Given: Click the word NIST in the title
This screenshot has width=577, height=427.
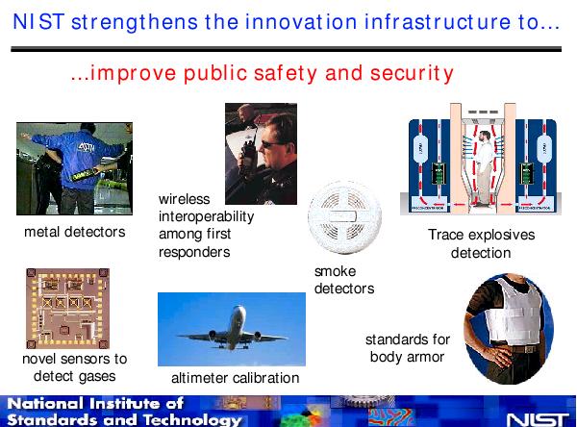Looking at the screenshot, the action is pos(38,21).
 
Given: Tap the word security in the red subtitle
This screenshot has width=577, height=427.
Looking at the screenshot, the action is pos(412,73).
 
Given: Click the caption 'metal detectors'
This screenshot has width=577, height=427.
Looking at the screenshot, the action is pos(75,232).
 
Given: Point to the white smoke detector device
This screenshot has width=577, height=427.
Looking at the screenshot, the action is pos(344,216).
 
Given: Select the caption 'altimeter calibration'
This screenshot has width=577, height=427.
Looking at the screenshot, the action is pos(236,378).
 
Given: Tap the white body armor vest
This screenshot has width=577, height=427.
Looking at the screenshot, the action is pos(514,310).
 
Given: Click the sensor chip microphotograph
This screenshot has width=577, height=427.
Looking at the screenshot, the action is pos(67,309).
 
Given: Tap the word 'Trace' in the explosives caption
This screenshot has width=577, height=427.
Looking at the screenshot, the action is pos(445,235).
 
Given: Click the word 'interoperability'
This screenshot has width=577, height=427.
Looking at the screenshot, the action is pos(206,216).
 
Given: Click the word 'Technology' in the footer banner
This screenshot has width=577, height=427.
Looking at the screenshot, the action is pos(192,419).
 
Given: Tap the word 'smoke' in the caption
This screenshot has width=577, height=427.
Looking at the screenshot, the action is pos(335,271).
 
